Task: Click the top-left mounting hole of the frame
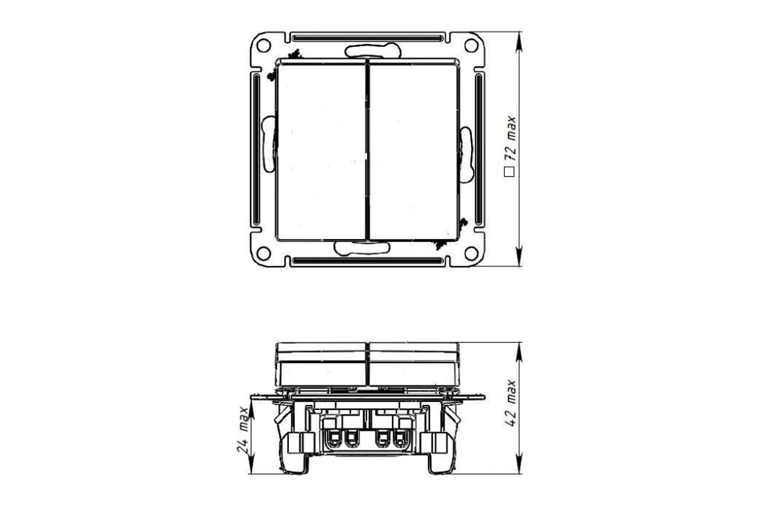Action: [263, 46]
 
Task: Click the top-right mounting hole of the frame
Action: [471, 46]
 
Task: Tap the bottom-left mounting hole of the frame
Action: [263, 253]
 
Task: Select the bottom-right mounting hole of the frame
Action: [471, 253]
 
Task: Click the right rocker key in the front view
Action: [414, 150]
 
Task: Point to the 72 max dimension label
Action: [510, 139]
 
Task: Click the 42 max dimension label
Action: [510, 402]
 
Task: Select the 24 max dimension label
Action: [243, 430]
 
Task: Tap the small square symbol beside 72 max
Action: [509, 172]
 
